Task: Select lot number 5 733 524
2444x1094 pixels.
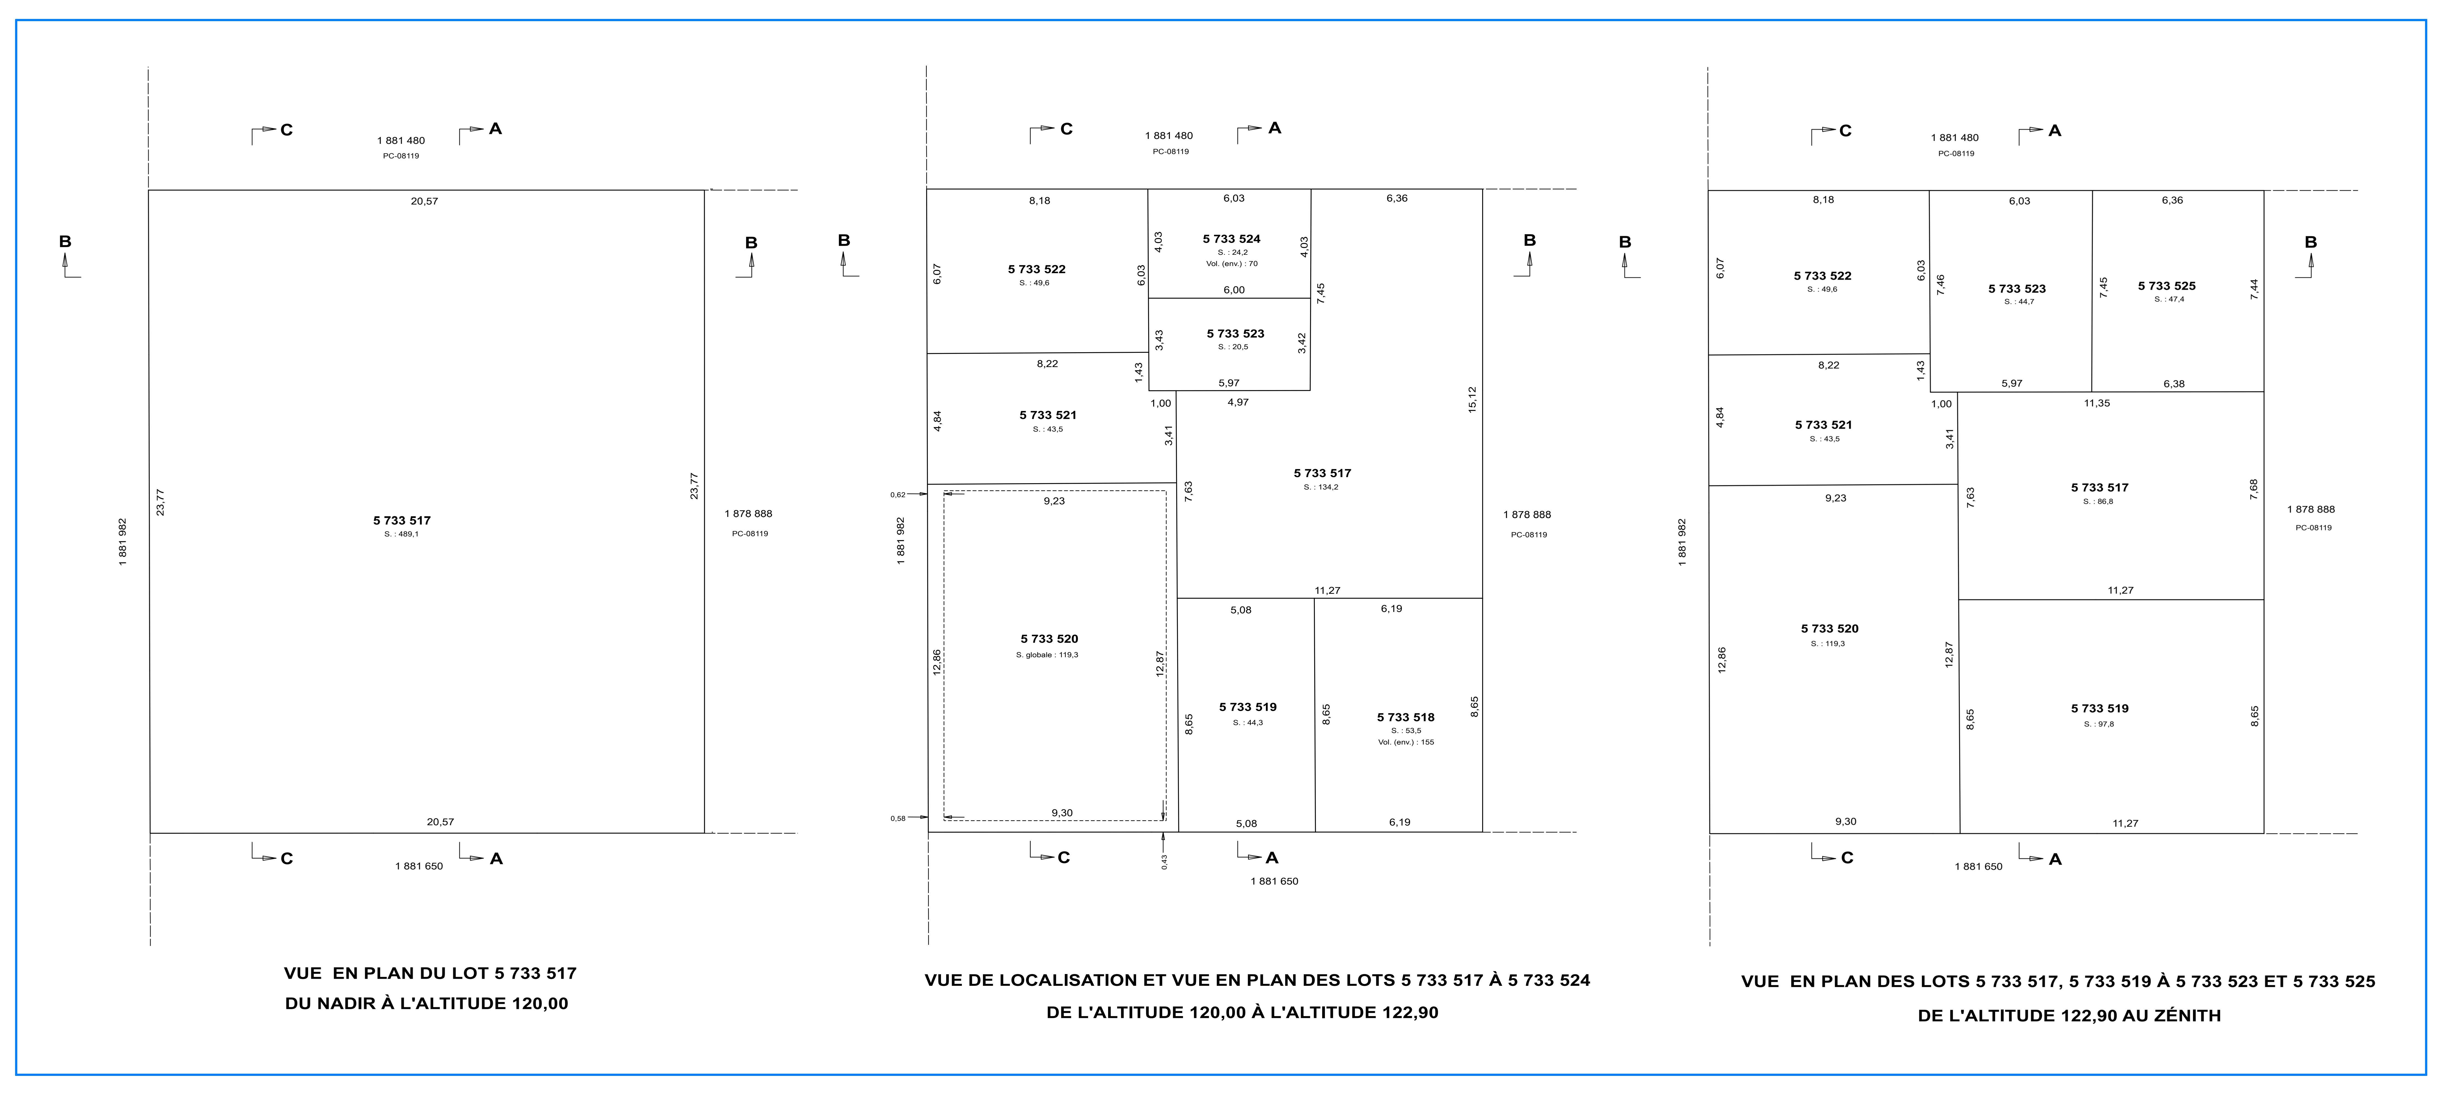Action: coord(1232,239)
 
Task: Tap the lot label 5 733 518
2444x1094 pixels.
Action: coord(1406,717)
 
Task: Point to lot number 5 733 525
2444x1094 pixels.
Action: coord(2167,286)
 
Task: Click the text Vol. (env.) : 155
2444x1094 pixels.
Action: coord(1406,742)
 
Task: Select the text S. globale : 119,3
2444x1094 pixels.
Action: coord(1047,655)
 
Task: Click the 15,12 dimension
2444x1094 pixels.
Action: coord(1471,399)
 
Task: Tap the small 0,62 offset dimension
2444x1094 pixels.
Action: coord(898,494)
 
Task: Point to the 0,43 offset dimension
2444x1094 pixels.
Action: coord(1164,861)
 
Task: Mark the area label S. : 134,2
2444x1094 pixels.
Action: coord(1322,488)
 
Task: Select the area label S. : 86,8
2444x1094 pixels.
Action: coord(2099,502)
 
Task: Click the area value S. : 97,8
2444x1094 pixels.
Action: coord(2099,724)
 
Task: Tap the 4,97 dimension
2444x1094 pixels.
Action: coord(1238,402)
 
